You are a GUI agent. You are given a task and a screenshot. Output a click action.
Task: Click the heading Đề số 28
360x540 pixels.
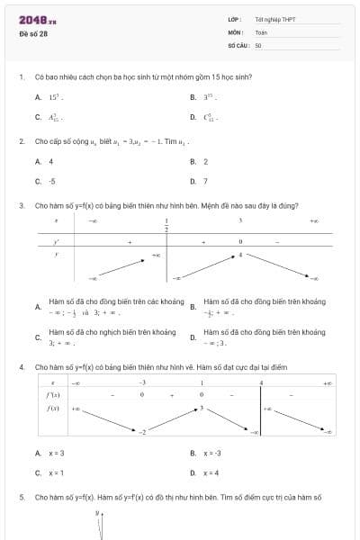click(x=33, y=34)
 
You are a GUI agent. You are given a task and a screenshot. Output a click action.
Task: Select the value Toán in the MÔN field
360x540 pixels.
click(x=261, y=31)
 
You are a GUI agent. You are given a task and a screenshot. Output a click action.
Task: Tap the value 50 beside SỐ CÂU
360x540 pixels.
click(x=258, y=44)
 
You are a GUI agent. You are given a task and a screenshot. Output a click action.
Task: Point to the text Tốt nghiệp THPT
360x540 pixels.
click(x=274, y=19)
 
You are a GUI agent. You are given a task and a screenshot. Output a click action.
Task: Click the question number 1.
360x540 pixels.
click(x=21, y=76)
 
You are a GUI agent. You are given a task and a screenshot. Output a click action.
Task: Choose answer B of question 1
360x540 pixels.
click(x=204, y=96)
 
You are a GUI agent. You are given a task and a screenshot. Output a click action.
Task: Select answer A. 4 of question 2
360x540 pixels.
click(x=45, y=161)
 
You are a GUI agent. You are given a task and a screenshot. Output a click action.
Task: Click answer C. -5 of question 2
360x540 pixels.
click(x=46, y=181)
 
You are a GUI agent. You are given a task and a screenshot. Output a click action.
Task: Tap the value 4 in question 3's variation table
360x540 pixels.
click(x=240, y=255)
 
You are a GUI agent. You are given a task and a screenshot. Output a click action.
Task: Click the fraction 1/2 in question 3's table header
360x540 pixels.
click(x=166, y=224)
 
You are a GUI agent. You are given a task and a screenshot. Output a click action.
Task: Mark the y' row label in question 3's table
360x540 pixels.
click(x=57, y=240)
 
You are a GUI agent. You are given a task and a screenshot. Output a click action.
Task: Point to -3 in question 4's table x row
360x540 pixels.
click(x=141, y=382)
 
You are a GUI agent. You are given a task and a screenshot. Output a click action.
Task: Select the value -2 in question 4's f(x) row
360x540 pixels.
click(x=141, y=433)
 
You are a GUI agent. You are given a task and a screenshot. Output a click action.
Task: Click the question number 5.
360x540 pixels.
click(x=21, y=497)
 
